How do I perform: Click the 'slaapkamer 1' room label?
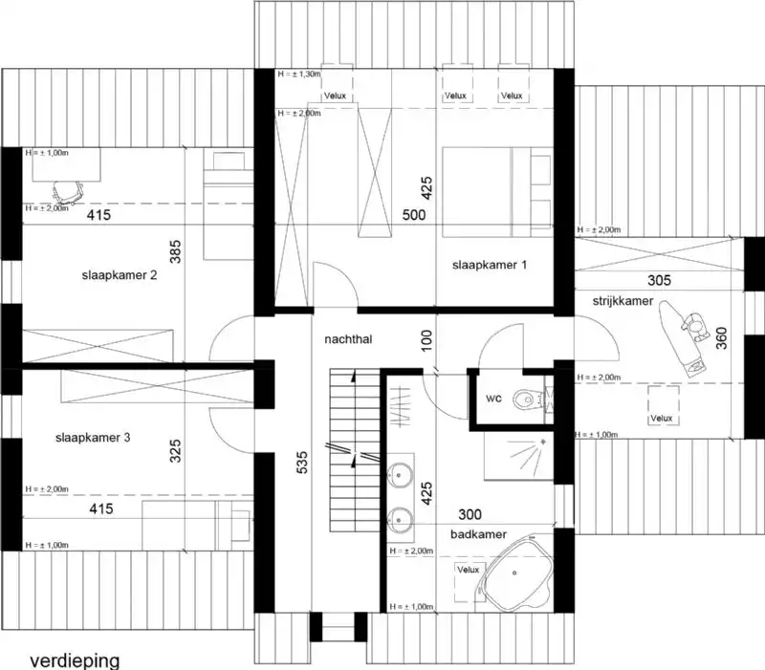click(x=489, y=265)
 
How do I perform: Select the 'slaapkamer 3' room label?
click(x=93, y=439)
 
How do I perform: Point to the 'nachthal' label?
click(x=347, y=338)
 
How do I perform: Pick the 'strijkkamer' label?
click(x=622, y=301)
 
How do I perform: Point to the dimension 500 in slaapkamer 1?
click(x=413, y=216)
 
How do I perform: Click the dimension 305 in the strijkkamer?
click(x=659, y=280)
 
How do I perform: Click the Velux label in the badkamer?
click(x=468, y=571)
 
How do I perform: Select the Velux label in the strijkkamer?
click(x=661, y=419)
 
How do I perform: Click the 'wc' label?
click(x=493, y=397)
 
